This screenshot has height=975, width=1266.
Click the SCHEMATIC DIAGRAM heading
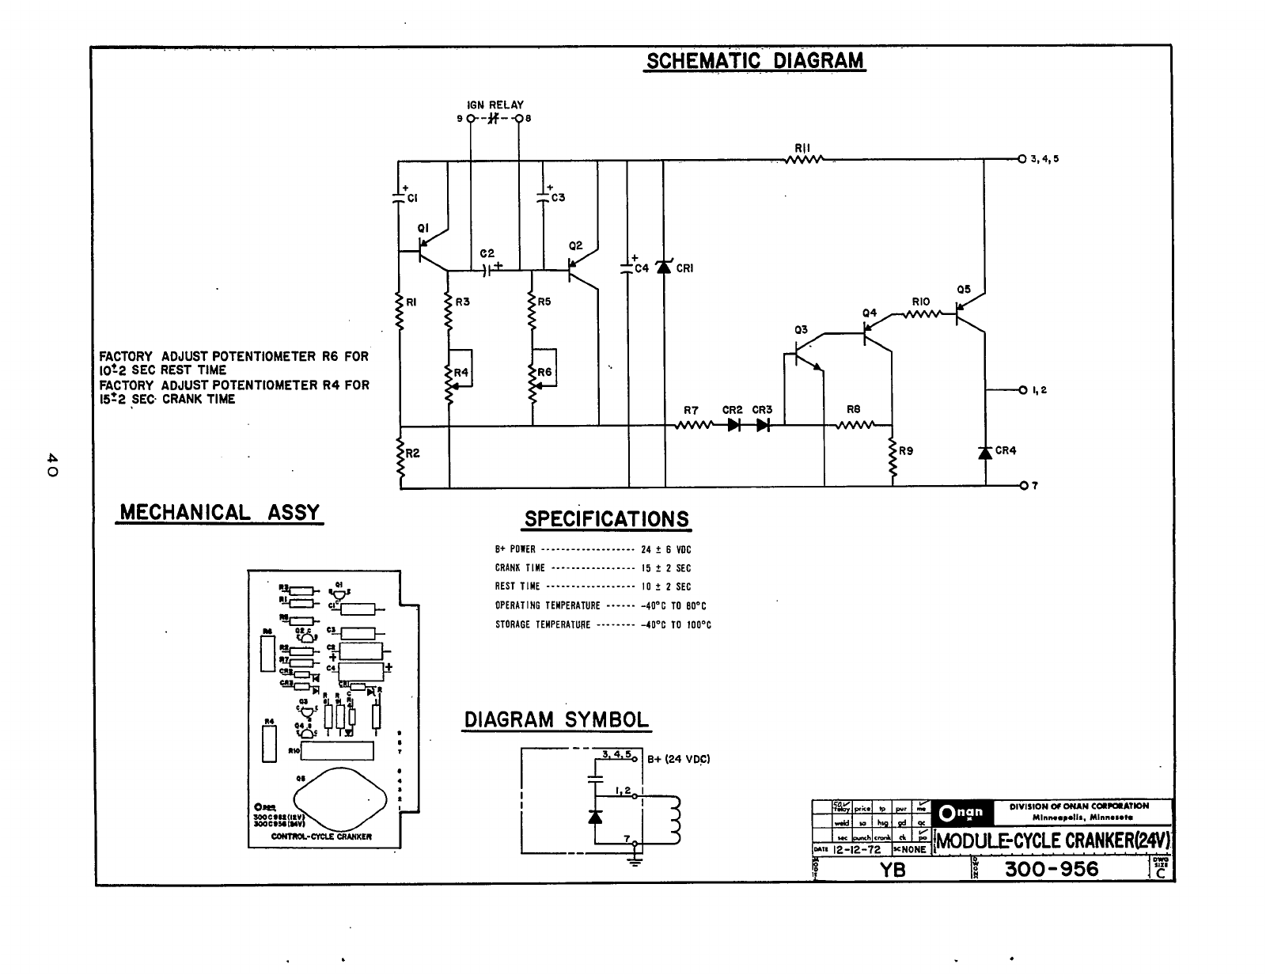pos(755,61)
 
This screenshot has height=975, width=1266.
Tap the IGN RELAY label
pos(495,104)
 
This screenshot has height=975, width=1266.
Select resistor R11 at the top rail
pos(805,158)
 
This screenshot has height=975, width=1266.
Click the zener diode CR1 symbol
pos(663,267)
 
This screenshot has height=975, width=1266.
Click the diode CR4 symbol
pos(985,452)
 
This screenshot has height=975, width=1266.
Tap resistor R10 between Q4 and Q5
pos(921,314)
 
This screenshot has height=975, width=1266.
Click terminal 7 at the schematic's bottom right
pos(1023,484)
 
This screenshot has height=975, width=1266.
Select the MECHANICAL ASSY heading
pos(219,512)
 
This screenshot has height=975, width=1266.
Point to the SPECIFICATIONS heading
pos(607,519)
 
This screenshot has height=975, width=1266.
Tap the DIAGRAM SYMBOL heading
pos(555,720)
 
